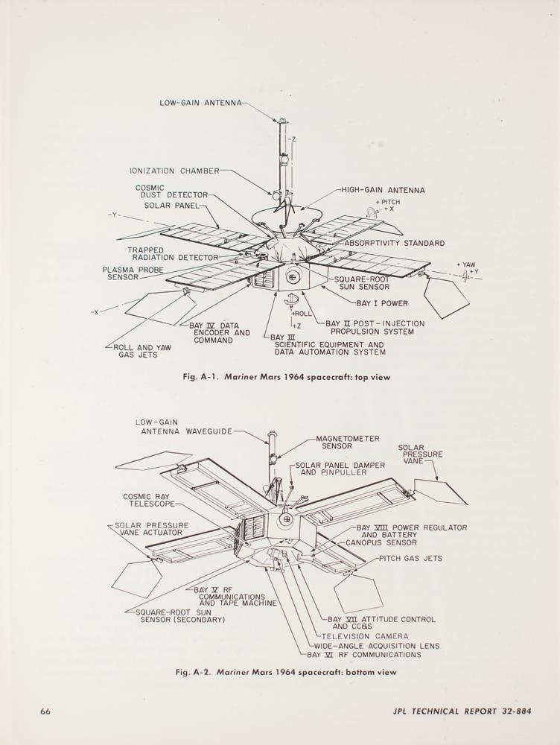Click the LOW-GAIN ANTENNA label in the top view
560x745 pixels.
[200, 103]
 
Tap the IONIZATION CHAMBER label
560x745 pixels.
[176, 171]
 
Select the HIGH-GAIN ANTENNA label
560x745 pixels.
[384, 190]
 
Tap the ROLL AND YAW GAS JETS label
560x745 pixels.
[138, 351]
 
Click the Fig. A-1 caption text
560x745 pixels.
[287, 377]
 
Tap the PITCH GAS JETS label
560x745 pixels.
[410, 558]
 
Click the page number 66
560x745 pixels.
[45, 711]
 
